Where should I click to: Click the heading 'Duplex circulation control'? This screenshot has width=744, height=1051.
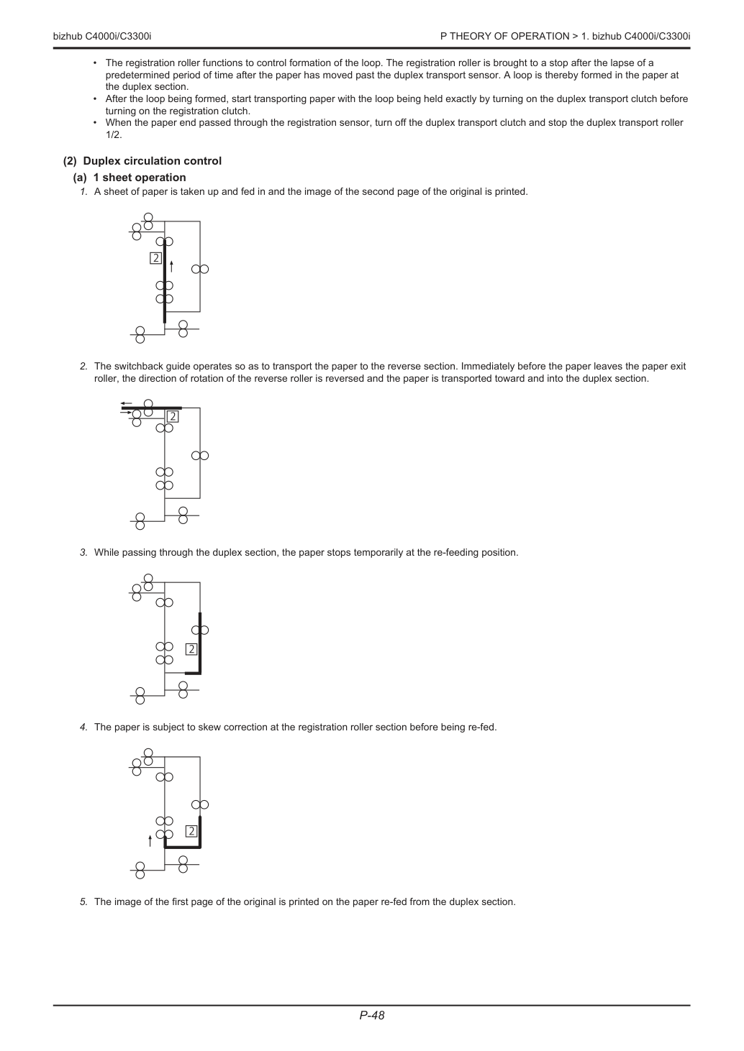pos(153,161)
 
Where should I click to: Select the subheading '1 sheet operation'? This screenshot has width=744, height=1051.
pos(140,178)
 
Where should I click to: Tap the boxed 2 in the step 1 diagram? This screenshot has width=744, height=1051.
pos(155,258)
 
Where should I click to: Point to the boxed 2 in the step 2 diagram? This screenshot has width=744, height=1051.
pos(173,416)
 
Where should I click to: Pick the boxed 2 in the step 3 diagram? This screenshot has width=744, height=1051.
pos(191,649)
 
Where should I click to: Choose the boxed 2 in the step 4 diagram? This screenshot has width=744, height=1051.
pos(191,832)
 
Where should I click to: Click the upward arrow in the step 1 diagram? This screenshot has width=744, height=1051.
pos(171,267)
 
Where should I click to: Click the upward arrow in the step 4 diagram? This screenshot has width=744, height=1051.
pos(150,841)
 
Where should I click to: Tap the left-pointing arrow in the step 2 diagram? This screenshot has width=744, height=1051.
pos(126,403)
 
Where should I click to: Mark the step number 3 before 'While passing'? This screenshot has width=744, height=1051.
pos(83,553)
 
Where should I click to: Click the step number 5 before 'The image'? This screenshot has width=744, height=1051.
pos(83,901)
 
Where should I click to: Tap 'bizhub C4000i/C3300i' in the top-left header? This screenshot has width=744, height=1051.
pos(102,36)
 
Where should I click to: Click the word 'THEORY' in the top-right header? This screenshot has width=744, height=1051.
pos(468,36)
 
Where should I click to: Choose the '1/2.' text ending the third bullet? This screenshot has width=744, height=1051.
pos(114,135)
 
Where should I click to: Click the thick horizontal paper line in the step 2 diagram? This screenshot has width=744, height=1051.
pos(151,408)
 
